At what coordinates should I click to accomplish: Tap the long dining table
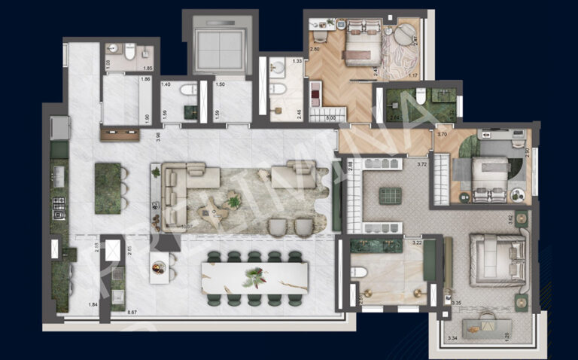click(255, 276)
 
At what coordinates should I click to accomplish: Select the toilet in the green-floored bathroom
click(421, 96)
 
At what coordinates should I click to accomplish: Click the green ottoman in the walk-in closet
click(391, 196)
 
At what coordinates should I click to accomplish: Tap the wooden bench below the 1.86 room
click(120, 136)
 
